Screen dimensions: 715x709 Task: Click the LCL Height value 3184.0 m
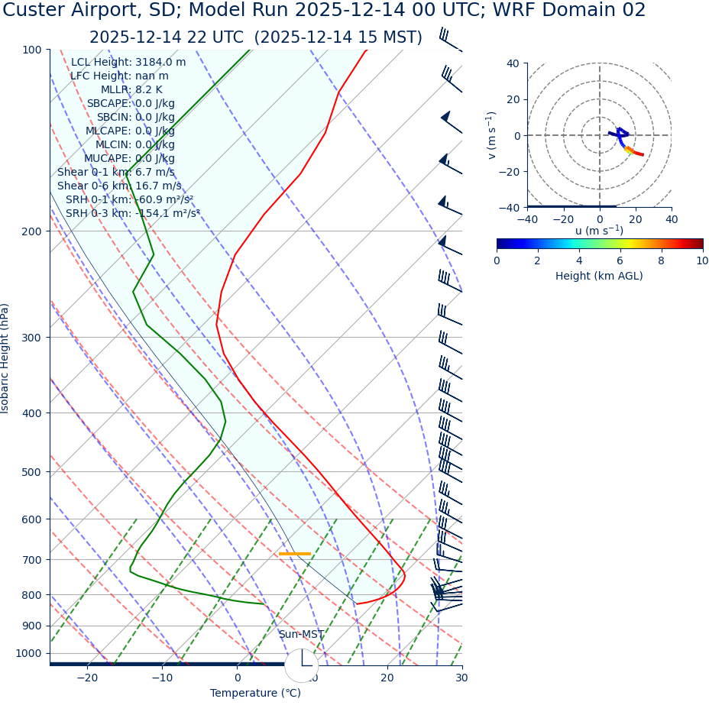[160, 63]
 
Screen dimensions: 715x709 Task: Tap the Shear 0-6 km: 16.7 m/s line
[119, 186]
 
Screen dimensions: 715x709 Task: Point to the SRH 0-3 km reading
[132, 214]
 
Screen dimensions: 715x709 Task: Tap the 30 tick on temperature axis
[461, 678]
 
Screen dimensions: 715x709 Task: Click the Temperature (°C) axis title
[255, 694]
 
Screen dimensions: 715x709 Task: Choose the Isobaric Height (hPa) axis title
[5, 358]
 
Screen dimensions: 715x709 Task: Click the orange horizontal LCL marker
[295, 554]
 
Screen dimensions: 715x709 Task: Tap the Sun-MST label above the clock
[301, 635]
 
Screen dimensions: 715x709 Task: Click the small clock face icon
[302, 665]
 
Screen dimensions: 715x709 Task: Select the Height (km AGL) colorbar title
[599, 277]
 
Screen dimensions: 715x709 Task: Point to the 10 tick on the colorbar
[701, 261]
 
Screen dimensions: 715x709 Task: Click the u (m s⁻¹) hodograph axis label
[599, 231]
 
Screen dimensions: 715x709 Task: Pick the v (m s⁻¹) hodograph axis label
[491, 135]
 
